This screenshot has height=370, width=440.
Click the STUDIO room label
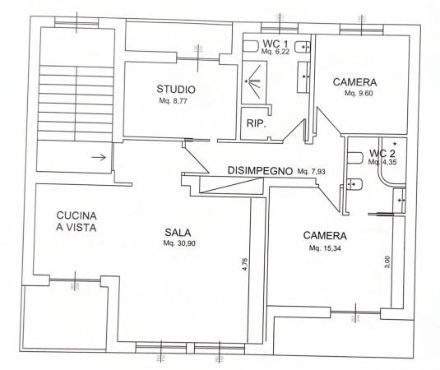(x=176, y=89)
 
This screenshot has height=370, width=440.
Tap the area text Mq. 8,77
(x=174, y=101)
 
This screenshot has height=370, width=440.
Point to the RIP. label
(x=257, y=123)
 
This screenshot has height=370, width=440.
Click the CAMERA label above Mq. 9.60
(x=354, y=82)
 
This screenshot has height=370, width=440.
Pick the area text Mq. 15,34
(x=325, y=248)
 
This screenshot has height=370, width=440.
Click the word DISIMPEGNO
(x=260, y=170)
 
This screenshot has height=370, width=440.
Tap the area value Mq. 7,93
(x=311, y=171)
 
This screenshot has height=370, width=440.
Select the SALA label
(x=178, y=233)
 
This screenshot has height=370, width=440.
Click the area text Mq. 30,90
(x=179, y=243)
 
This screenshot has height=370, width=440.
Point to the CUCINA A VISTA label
(x=76, y=221)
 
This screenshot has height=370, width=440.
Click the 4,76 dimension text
(x=245, y=264)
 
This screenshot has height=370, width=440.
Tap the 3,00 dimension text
(x=387, y=262)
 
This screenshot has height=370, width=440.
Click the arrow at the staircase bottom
(x=99, y=157)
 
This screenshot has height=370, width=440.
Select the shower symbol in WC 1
(x=254, y=81)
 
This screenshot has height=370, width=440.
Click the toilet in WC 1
(x=250, y=46)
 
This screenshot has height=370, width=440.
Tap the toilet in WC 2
(x=355, y=158)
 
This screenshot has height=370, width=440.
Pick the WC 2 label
(x=382, y=153)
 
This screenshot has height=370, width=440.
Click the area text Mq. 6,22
(x=276, y=52)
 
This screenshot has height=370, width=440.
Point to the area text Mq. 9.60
(x=359, y=93)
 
